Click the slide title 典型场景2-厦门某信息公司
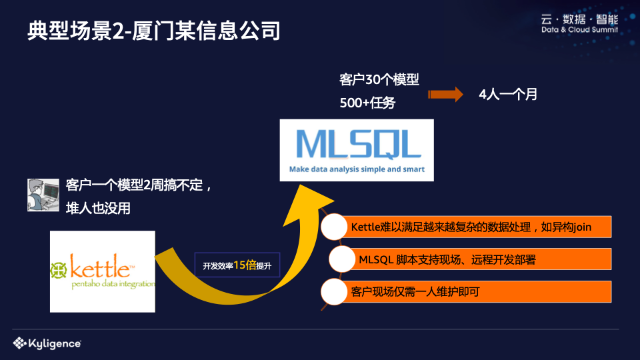(154, 31)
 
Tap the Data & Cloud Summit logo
(579, 24)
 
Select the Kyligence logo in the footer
(47, 343)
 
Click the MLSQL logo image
(357, 150)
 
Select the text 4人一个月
(508, 95)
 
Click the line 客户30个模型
(379, 80)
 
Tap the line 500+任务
(367, 103)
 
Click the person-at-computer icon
(40, 195)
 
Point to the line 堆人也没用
(98, 208)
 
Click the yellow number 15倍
(245, 265)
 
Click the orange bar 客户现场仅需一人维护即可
(477, 291)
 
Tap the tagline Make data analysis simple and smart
(357, 169)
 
